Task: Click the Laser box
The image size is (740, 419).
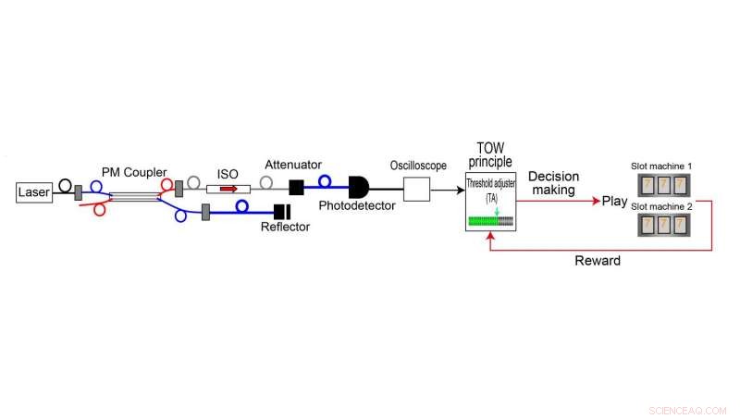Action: [33, 192]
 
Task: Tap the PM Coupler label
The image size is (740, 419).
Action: [134, 173]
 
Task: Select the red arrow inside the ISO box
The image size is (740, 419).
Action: [228, 189]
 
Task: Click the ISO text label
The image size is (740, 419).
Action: [228, 173]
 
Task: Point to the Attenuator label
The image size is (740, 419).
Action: [292, 165]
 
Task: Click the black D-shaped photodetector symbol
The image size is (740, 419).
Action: [358, 187]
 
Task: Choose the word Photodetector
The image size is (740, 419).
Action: [356, 204]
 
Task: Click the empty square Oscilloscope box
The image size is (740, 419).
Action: [418, 190]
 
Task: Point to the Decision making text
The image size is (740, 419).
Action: [553, 183]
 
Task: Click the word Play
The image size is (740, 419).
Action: [614, 200]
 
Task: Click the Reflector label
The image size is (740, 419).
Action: [285, 227]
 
